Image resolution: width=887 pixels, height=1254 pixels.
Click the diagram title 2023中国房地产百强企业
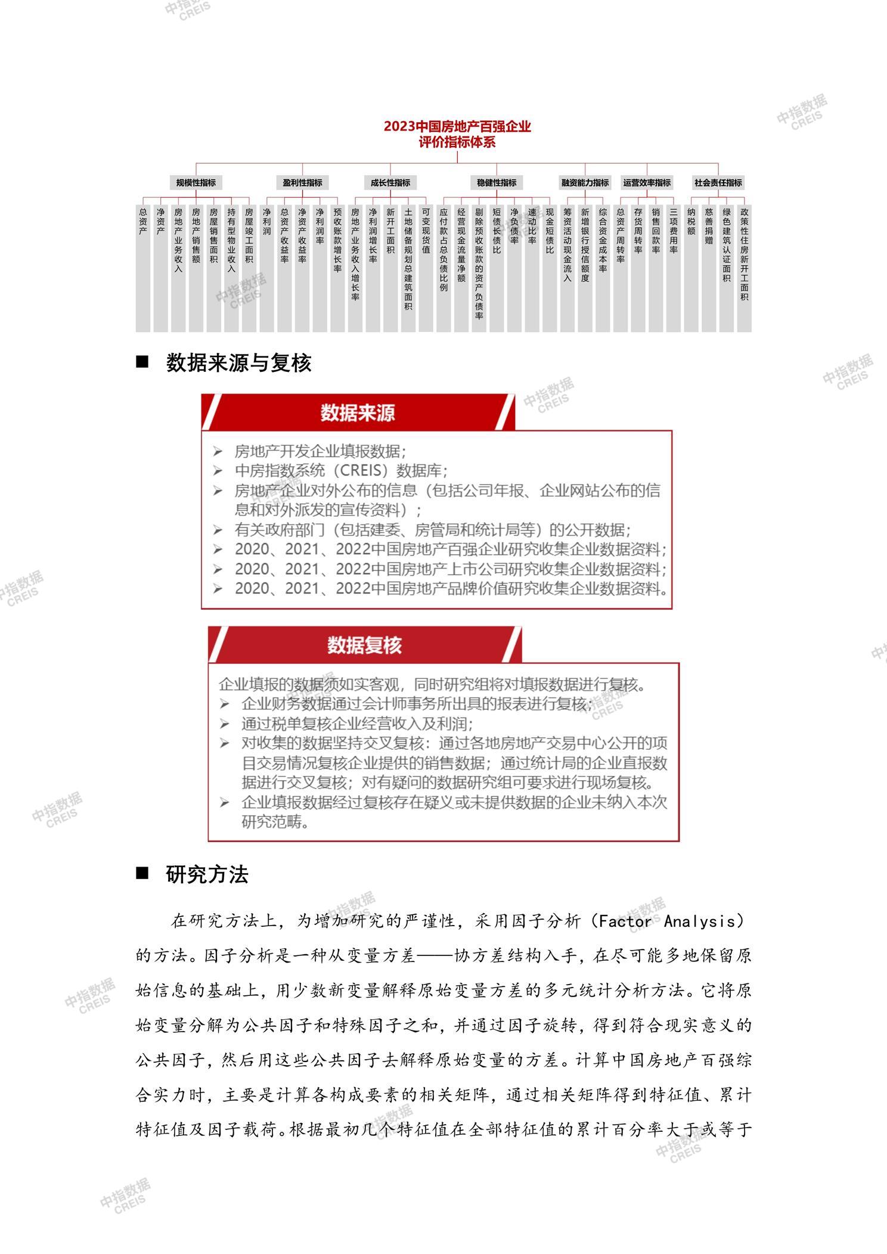[457, 127]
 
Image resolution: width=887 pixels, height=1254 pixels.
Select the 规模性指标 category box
[196, 183]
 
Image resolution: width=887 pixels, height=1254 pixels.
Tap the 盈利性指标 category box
[302, 183]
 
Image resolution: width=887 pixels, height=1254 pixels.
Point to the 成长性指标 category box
[390, 183]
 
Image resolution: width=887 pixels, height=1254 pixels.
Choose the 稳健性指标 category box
[497, 183]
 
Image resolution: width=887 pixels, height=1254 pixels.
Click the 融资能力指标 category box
[585, 183]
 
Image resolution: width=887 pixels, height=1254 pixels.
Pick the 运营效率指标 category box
[647, 183]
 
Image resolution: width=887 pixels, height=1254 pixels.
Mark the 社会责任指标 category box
[718, 183]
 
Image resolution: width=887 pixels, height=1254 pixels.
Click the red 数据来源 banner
[358, 412]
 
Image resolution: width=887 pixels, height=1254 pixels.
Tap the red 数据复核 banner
[364, 645]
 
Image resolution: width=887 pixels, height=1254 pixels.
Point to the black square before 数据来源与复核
[142, 362]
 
